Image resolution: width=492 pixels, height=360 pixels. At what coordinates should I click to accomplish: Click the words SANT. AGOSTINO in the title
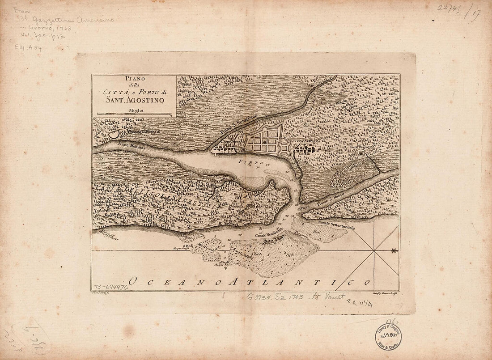click(135, 100)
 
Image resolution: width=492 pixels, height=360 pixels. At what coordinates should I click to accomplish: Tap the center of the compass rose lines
click(374, 250)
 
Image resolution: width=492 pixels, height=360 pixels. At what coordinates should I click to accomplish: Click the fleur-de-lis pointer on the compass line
click(394, 250)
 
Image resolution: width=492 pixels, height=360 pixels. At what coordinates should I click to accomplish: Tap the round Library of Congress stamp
click(388, 336)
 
